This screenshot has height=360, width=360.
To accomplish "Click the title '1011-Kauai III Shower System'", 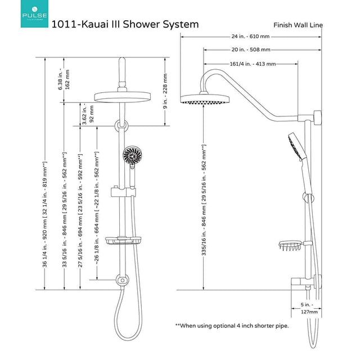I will pos(124,24).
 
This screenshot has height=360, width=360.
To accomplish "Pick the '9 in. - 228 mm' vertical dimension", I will pos(165,91).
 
